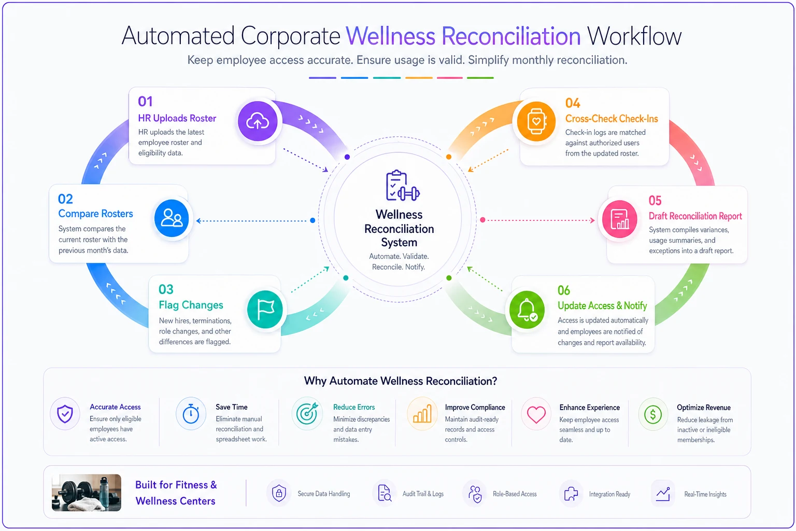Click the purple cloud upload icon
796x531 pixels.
(258, 121)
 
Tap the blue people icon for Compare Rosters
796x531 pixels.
(172, 218)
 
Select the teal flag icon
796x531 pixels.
(265, 310)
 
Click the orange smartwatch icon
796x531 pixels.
(536, 121)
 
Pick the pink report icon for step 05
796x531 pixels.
(620, 219)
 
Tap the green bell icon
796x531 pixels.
(527, 310)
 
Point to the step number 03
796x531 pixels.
(166, 289)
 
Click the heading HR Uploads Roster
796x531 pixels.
(177, 118)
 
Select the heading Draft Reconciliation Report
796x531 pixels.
(695, 216)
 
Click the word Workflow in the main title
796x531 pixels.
(634, 36)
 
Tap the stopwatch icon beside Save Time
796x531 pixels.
(191, 414)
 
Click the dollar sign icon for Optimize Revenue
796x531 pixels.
(653, 414)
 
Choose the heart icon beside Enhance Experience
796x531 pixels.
(536, 414)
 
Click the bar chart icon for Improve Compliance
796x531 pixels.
(422, 414)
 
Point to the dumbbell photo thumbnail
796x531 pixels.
(87, 493)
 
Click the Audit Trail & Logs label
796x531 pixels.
(423, 494)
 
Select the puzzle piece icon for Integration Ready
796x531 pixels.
(571, 494)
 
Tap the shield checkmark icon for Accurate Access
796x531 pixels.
(65, 414)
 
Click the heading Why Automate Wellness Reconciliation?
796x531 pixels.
(401, 381)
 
